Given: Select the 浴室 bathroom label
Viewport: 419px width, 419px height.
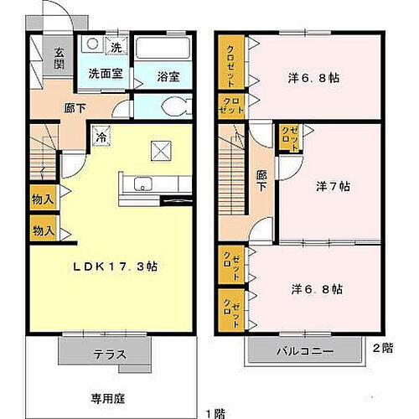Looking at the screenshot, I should (x=168, y=76).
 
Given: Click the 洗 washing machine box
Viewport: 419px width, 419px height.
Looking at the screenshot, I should (x=116, y=47).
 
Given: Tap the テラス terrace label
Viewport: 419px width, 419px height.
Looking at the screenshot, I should (x=109, y=354).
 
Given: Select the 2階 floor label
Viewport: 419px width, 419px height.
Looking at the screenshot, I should (x=382, y=346).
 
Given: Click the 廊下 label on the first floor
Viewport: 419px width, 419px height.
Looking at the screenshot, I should (x=75, y=107).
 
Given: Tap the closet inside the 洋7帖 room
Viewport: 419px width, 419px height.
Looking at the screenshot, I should (x=289, y=137).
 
